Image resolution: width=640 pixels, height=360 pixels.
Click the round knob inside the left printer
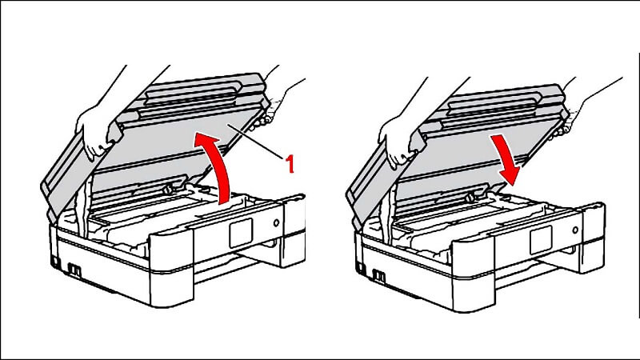[x=167, y=190]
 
